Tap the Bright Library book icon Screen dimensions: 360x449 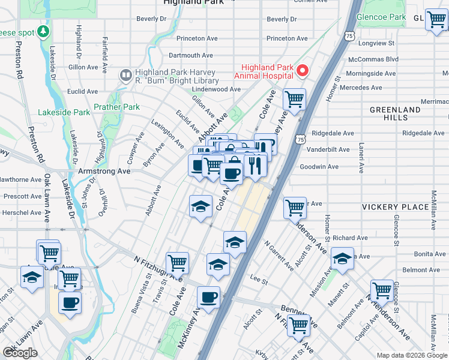click(125, 75)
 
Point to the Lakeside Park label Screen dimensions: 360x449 click(64, 112)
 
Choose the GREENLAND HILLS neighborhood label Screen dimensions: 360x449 click(395, 114)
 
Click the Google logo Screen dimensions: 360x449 click(20, 353)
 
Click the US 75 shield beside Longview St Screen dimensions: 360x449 click(349, 37)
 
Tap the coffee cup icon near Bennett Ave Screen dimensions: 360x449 click(208, 298)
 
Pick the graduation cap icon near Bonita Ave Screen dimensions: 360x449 click(342, 259)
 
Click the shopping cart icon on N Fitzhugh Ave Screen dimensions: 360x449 click(177, 263)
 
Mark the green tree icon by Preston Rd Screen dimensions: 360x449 click(43, 31)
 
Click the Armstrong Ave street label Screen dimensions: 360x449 click(104, 171)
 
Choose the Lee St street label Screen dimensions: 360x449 click(258, 280)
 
